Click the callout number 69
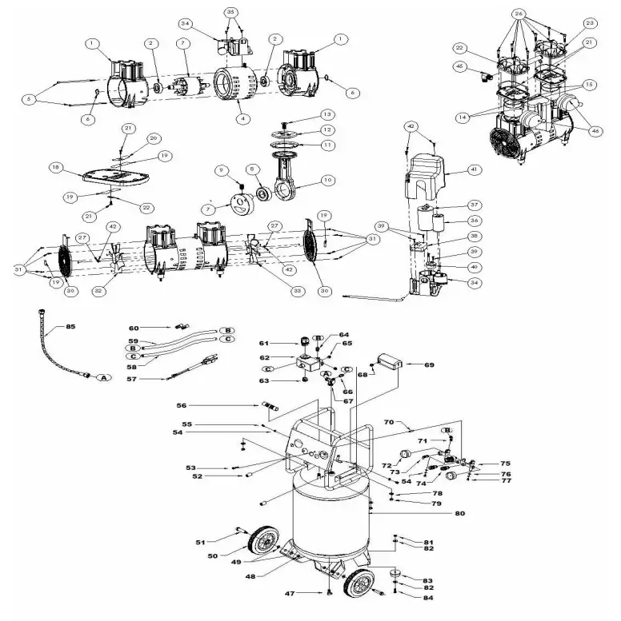tap(429, 364)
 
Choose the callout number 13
tap(305, 114)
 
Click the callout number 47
tap(290, 594)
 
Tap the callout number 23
tap(590, 22)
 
